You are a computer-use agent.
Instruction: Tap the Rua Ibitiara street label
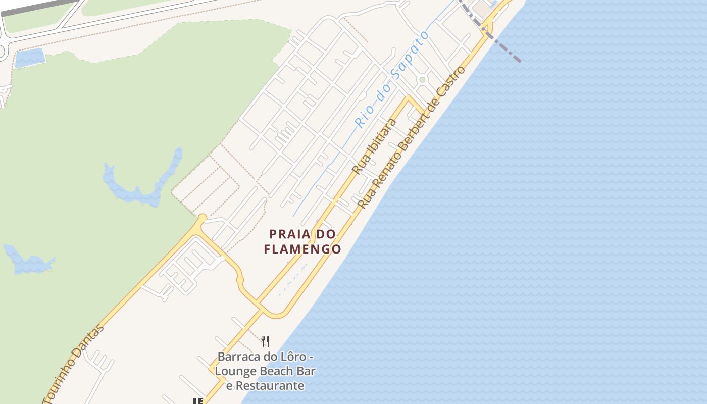point(374,146)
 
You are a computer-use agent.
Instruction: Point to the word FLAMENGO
point(302,249)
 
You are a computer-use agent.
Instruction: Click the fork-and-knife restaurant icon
point(265,341)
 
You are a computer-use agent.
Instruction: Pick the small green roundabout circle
point(422,79)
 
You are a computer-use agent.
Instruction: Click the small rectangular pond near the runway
point(30,58)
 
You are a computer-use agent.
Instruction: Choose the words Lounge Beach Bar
point(266,371)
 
